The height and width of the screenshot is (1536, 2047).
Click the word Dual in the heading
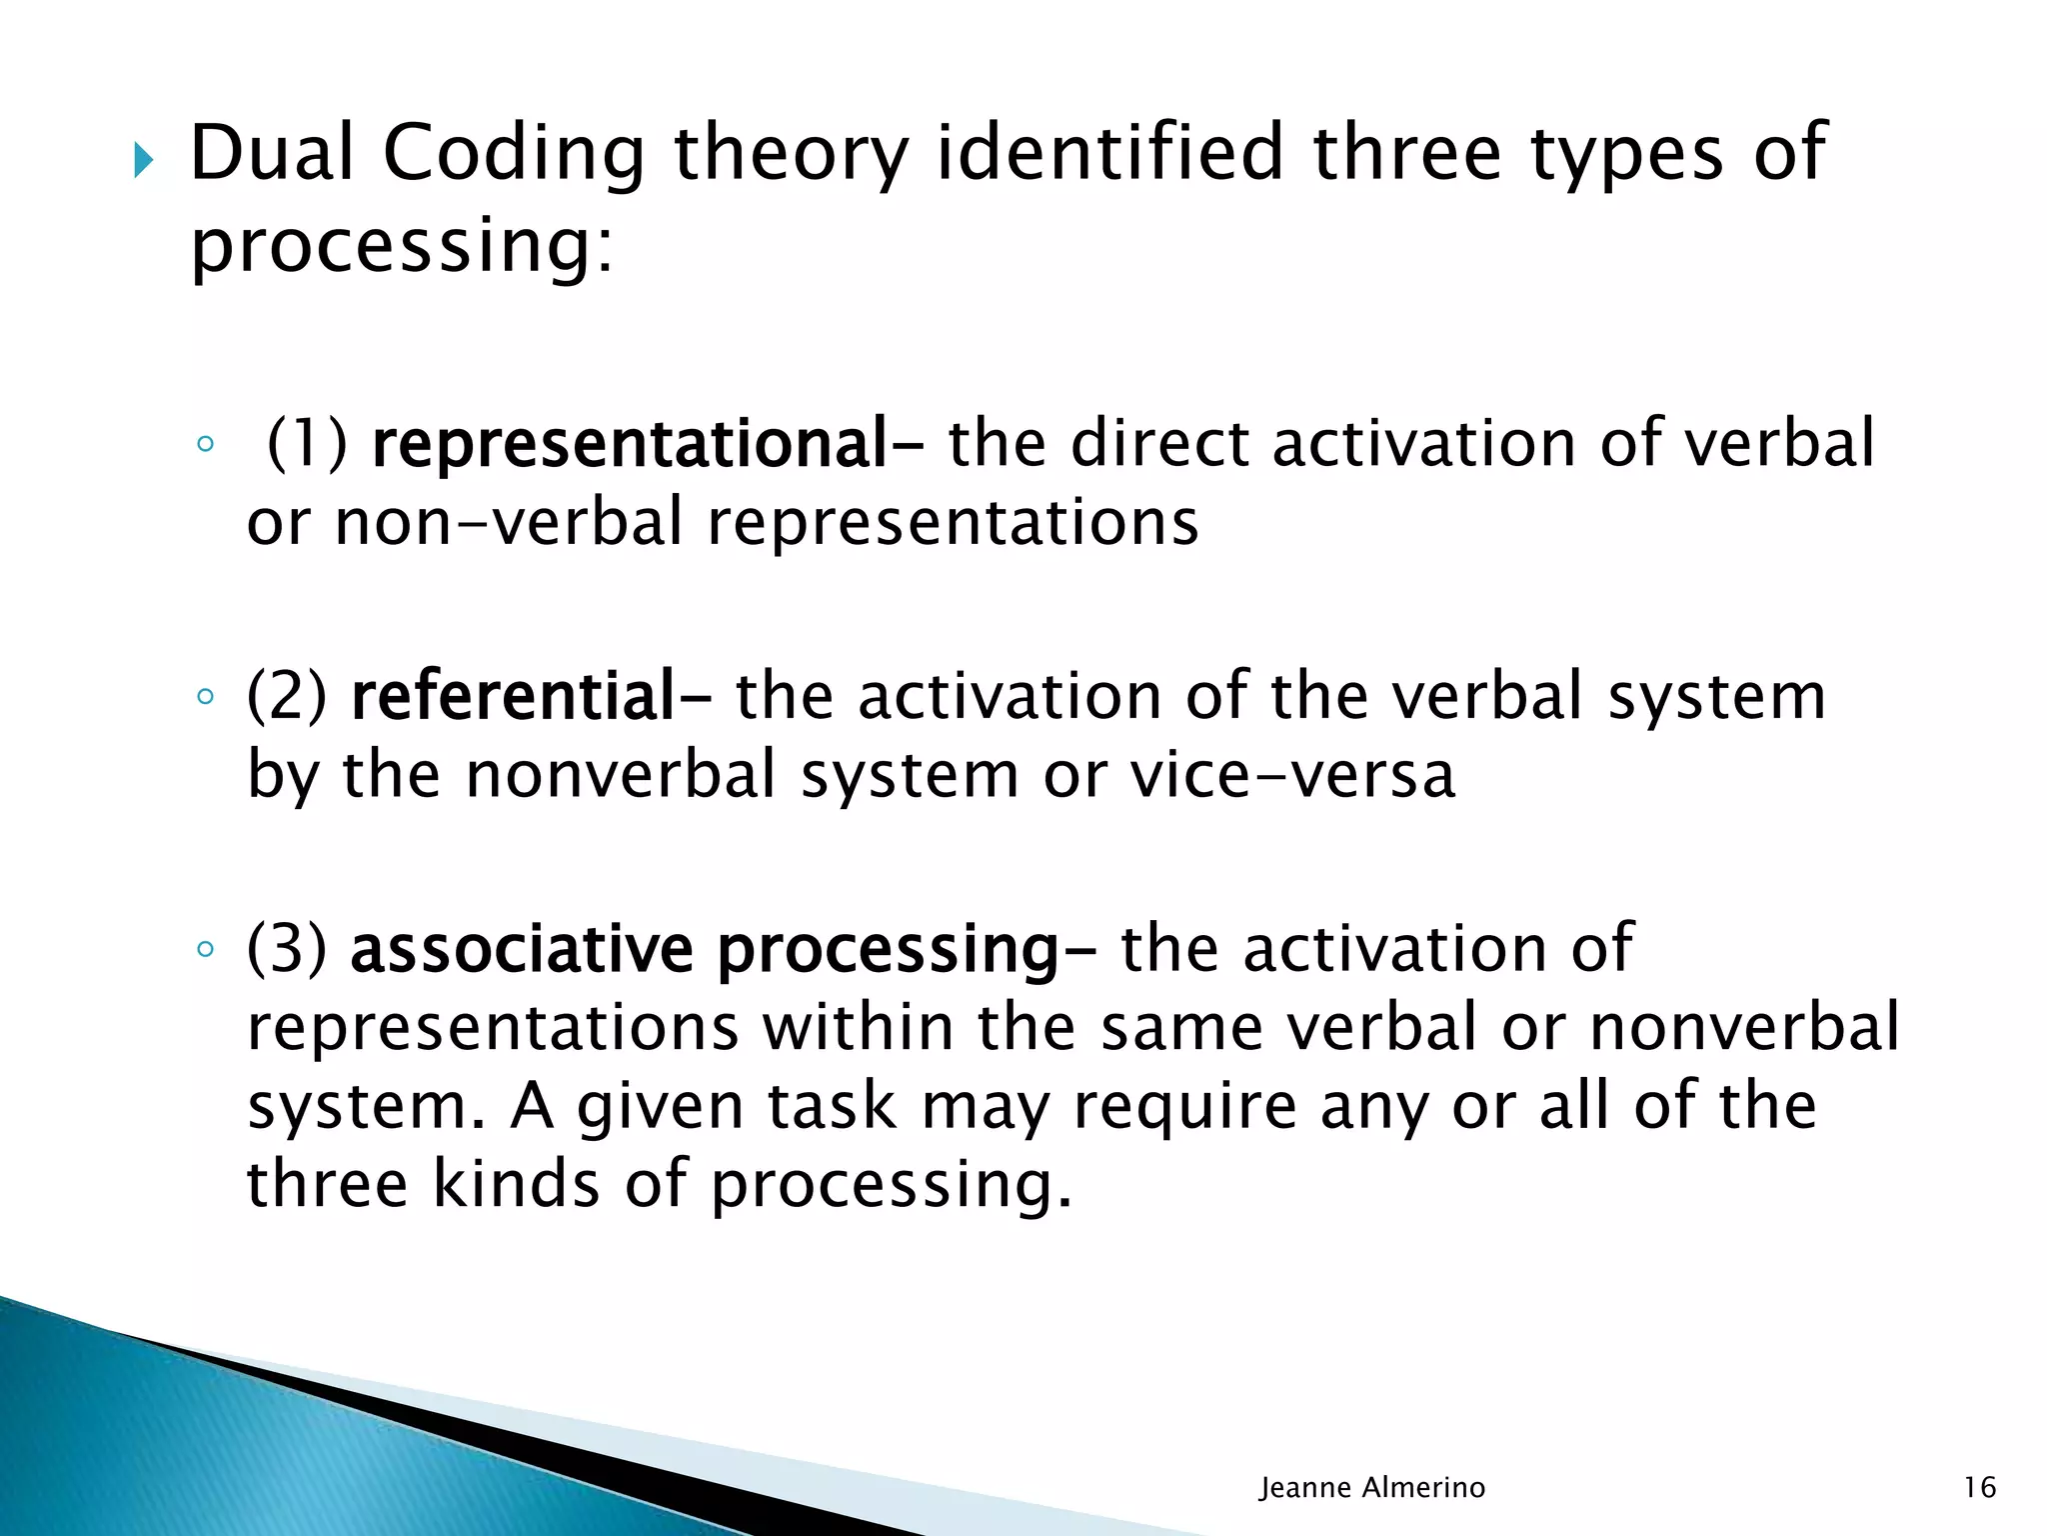[x=272, y=154]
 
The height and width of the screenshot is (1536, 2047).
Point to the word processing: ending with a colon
[x=401, y=248]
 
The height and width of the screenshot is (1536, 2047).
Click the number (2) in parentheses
[x=287, y=696]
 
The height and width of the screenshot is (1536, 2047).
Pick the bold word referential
[x=514, y=696]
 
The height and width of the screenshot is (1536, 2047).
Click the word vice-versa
[x=1292, y=775]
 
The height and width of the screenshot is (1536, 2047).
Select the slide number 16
[x=1979, y=1488]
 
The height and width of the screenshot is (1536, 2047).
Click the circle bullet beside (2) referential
[x=205, y=697]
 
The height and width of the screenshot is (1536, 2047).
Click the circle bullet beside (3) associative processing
[x=205, y=949]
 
